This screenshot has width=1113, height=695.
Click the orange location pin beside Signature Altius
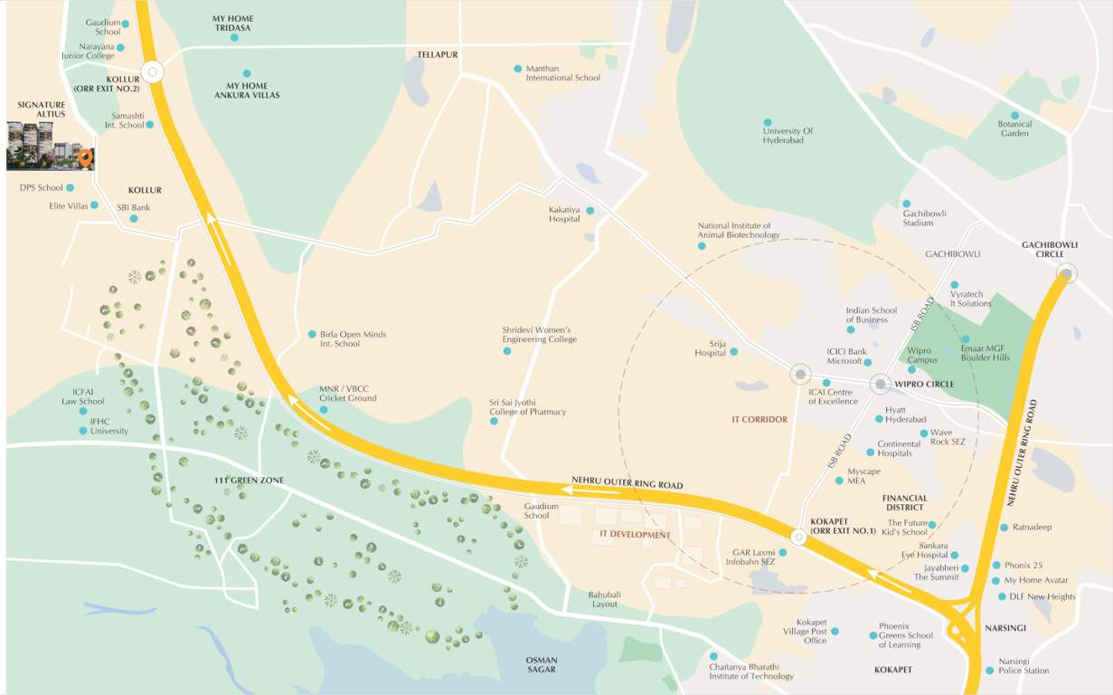pos(85,158)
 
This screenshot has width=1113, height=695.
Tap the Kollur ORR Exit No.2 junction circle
pos(152,72)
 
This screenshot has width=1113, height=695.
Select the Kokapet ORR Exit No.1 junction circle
pos(798,538)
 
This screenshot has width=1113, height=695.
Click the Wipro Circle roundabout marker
pos(881,385)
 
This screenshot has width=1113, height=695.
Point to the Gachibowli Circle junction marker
pos(1067,273)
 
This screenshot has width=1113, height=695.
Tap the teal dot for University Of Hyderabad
pos(768,122)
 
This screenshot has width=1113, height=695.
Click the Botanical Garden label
pos(1014,129)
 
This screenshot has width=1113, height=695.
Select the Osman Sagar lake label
pos(542,664)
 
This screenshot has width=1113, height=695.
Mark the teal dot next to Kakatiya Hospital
pos(590,211)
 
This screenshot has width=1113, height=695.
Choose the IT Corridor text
pos(759,420)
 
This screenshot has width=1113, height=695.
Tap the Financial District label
pos(904,502)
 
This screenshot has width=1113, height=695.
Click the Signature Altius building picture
pos(42,145)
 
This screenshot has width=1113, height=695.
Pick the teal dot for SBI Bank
pos(134,218)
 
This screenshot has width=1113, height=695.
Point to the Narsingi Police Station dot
pos(990,671)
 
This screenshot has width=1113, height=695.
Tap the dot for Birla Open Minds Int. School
pos(312,334)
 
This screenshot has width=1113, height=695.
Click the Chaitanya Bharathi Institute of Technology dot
pos(713,656)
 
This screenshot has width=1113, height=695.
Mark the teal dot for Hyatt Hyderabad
pos(879,419)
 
